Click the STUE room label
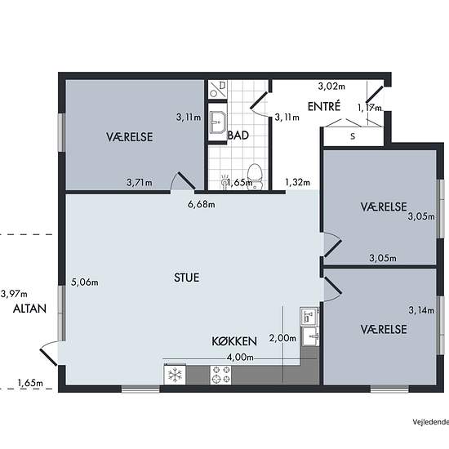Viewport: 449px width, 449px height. [186, 278]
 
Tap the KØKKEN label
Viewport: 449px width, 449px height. [234, 341]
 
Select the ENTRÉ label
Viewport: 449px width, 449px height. [324, 106]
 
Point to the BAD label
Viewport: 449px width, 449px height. [238, 136]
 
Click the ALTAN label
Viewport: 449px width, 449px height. [29, 309]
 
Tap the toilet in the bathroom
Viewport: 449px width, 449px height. [255, 176]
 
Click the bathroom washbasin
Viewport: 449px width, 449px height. [217, 122]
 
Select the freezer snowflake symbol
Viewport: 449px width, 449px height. [175, 375]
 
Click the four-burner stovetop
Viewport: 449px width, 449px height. [220, 375]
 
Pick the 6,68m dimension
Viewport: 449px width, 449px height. [201, 204]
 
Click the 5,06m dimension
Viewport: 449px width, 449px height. [84, 282]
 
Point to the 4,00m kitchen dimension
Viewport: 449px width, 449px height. [240, 357]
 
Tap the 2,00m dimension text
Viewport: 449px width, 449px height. [282, 338]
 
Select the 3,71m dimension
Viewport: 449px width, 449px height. [140, 182]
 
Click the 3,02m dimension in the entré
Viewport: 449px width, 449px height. [331, 87]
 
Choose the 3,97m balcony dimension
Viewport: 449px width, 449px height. [14, 294]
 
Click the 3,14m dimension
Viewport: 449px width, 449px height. [421, 310]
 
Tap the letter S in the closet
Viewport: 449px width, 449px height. [353, 136]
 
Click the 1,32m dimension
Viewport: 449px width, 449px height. [297, 182]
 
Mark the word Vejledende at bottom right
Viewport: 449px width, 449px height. [431, 422]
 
